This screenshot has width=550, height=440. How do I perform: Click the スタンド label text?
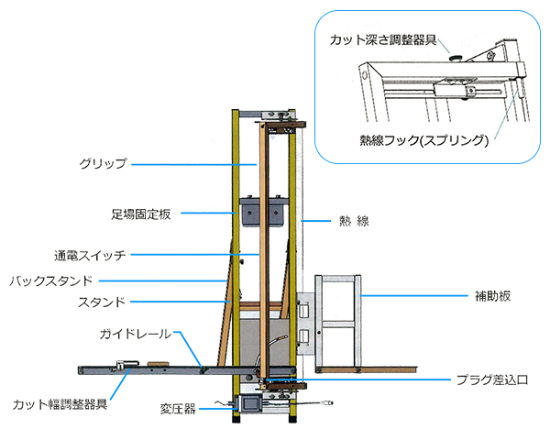coord(105,301)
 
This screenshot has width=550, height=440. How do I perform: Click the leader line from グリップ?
coord(183,164)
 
